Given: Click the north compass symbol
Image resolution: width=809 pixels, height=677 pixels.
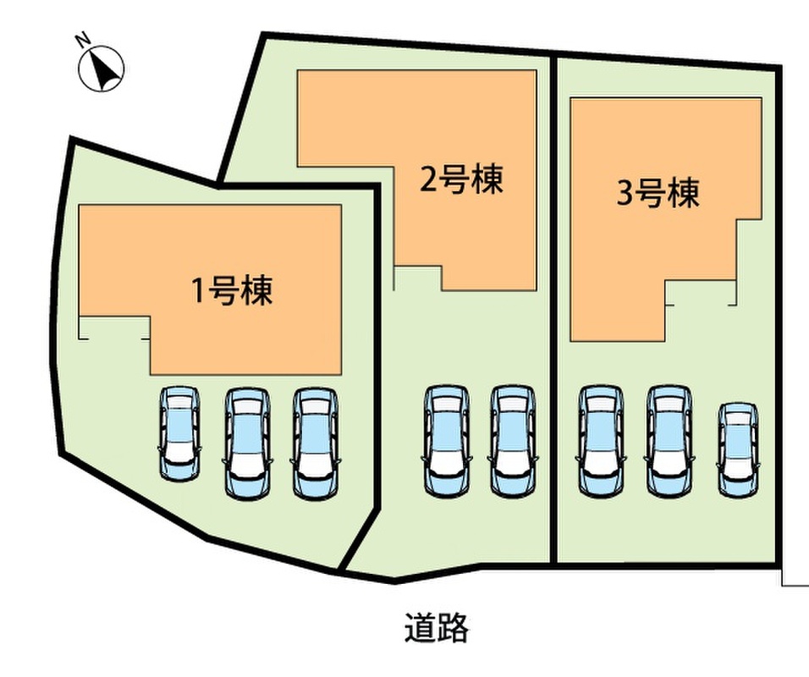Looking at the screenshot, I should pyautogui.click(x=102, y=68).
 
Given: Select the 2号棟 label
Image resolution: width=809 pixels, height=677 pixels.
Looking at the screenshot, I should pyautogui.click(x=461, y=179).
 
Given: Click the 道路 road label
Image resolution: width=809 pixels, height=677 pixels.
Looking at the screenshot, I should pyautogui.click(x=436, y=628).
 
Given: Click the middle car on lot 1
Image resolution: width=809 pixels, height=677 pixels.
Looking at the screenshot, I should pyautogui.click(x=245, y=441).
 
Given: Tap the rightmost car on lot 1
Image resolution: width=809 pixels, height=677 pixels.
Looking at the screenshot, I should pyautogui.click(x=313, y=441).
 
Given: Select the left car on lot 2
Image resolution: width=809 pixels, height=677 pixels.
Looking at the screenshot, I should pyautogui.click(x=446, y=441).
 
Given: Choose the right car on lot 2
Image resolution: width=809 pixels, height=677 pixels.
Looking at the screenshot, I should pyautogui.click(x=514, y=441).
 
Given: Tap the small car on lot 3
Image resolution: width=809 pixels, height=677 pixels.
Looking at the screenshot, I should pyautogui.click(x=737, y=449).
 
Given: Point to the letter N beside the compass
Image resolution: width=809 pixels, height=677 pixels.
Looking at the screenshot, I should pyautogui.click(x=83, y=39).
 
